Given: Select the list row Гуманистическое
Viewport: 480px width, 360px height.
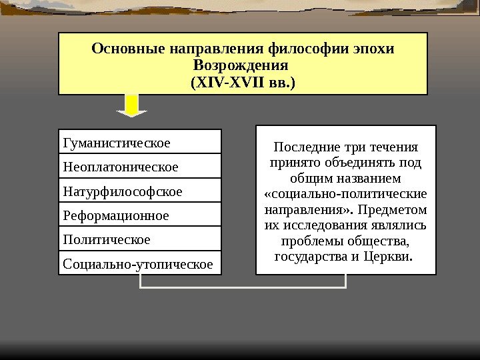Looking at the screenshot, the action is pos(140,142).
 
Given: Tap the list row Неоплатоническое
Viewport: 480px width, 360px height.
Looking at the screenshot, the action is pos(140,166).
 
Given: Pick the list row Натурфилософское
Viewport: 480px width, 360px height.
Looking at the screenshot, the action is pos(140,191).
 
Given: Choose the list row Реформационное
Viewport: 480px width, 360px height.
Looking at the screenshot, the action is pos(140,215).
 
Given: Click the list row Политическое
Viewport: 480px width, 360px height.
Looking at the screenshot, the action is pos(140,238).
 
